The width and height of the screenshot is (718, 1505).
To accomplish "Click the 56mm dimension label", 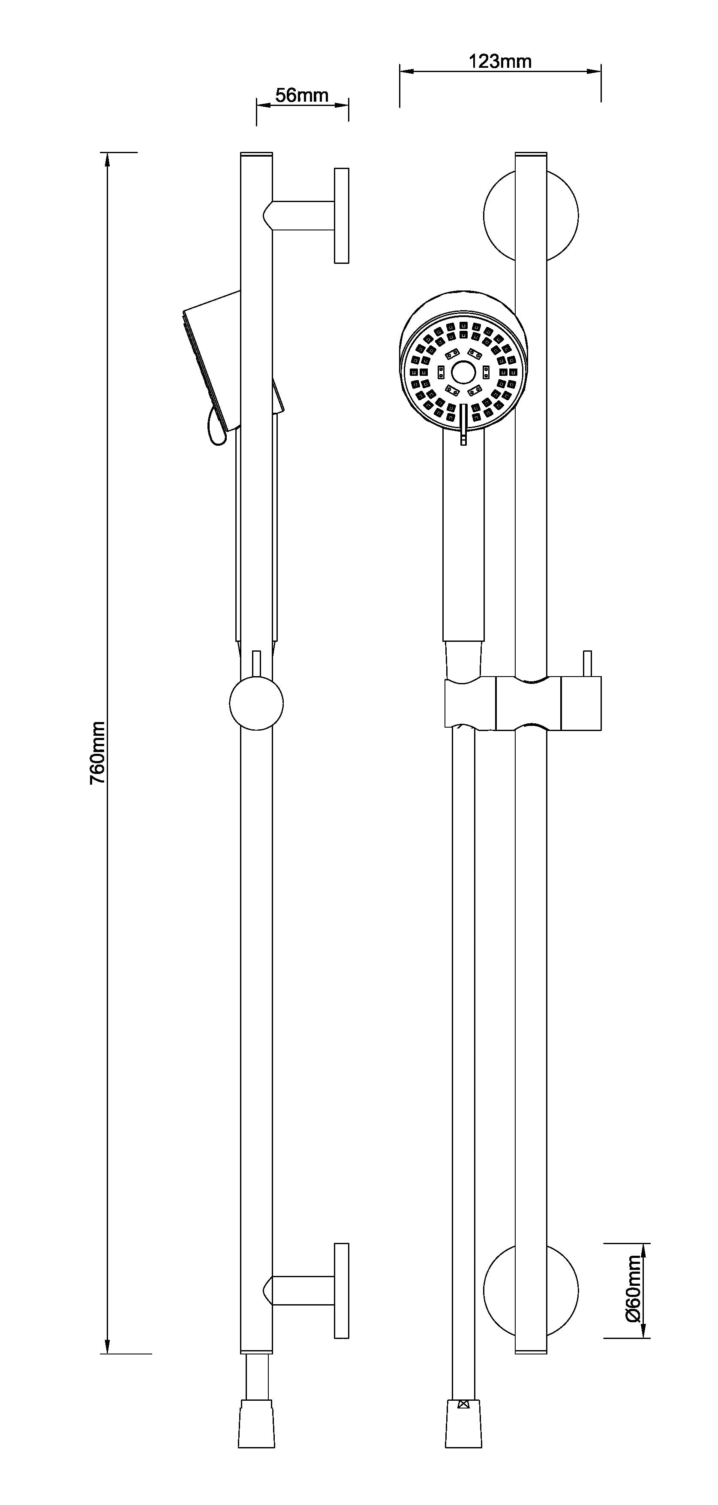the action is pos(302,95).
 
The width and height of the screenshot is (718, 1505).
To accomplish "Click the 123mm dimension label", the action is pos(500,61).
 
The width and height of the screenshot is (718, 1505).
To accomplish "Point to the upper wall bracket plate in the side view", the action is pos(342,216).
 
